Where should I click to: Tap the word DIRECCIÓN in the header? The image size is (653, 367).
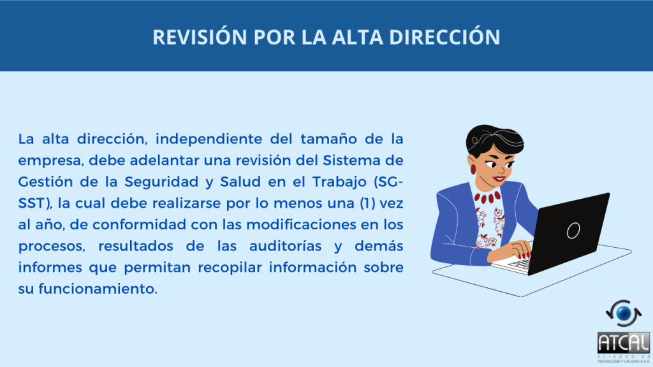click(x=444, y=36)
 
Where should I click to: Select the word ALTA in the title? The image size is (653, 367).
click(x=357, y=36)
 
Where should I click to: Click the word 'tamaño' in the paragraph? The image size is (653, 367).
click(x=329, y=138)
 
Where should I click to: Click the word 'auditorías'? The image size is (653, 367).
click(x=285, y=246)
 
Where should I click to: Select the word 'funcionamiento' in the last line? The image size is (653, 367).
click(x=98, y=289)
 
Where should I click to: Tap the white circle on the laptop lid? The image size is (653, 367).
click(x=573, y=230)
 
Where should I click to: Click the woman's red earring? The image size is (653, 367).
click(x=473, y=169)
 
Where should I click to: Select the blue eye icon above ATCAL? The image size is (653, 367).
click(x=624, y=313)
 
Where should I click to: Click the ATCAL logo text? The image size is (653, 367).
click(x=624, y=343)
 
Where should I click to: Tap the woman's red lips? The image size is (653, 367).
click(x=499, y=180)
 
